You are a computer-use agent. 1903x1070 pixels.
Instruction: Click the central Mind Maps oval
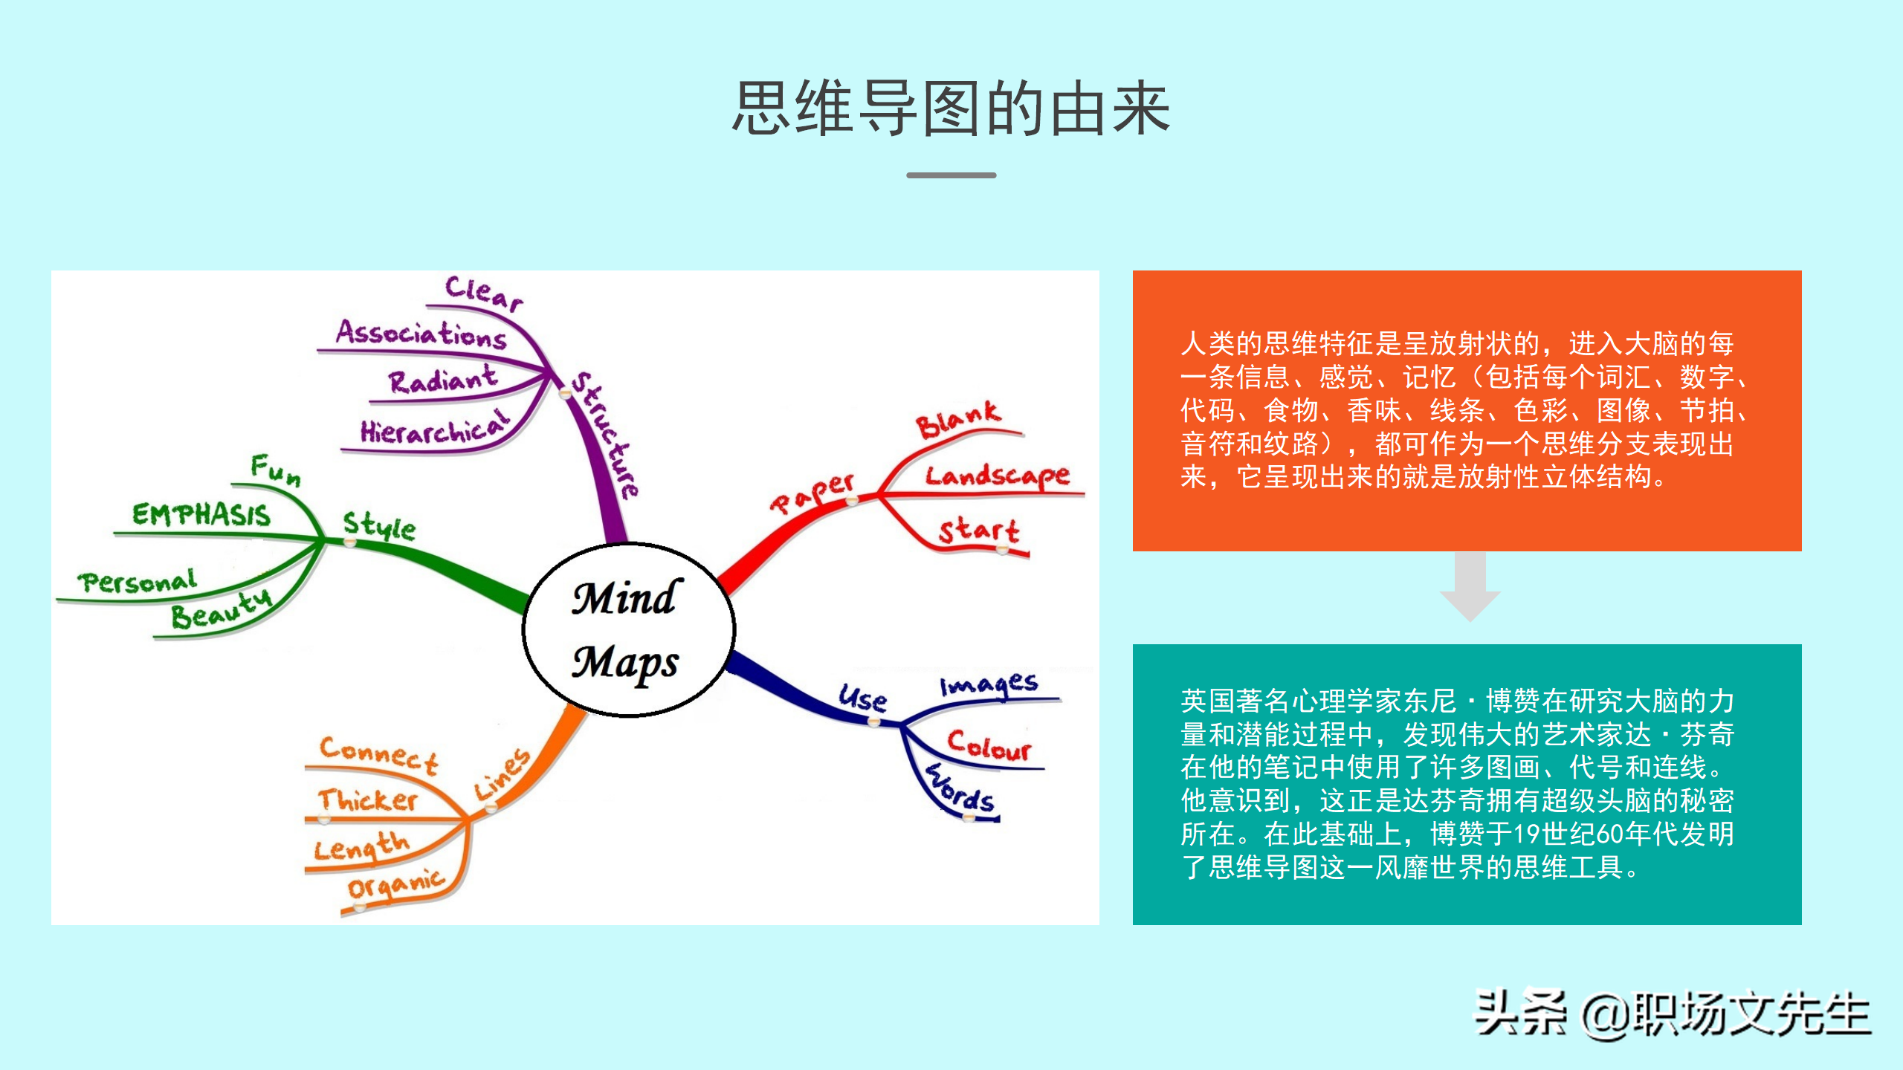(628, 630)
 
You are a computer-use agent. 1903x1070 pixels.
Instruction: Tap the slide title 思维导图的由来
(951, 109)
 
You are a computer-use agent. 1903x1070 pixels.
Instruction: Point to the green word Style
(378, 525)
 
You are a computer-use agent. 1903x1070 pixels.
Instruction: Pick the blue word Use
(862, 698)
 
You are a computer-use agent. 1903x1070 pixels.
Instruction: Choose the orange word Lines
(503, 774)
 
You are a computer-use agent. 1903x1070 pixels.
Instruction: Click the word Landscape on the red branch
(997, 476)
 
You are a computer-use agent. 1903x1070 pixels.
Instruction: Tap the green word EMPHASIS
(201, 515)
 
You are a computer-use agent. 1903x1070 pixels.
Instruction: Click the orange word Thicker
(368, 800)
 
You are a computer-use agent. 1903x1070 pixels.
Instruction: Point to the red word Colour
(989, 745)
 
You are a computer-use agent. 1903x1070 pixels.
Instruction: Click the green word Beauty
(222, 611)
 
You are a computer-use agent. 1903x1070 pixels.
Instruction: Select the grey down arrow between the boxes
(1470, 587)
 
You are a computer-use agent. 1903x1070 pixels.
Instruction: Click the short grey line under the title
(951, 175)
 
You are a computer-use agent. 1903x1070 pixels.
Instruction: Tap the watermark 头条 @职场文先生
(1672, 1014)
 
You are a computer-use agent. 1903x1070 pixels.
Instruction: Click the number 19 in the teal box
(1528, 834)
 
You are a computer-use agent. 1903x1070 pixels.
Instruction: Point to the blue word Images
(989, 684)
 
